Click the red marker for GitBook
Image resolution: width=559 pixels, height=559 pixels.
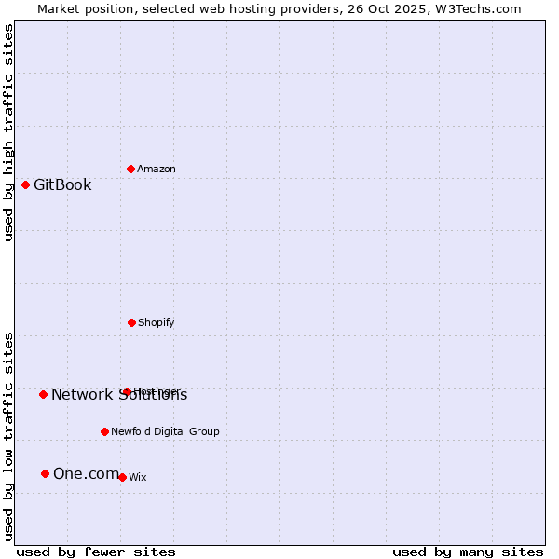(x=25, y=184)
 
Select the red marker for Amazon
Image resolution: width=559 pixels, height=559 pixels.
(x=130, y=169)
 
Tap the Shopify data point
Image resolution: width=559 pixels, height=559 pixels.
(x=131, y=322)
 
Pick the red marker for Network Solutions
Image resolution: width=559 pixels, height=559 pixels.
(x=43, y=394)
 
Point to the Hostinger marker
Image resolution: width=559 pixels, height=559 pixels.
(x=127, y=391)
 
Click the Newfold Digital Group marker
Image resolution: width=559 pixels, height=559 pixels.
(x=104, y=431)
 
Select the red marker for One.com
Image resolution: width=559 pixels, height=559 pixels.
(x=45, y=473)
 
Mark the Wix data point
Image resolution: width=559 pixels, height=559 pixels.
(x=122, y=477)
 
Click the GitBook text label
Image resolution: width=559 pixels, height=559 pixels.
(x=62, y=184)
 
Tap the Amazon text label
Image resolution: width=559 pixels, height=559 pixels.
(x=157, y=169)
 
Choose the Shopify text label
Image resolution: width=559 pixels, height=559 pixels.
(x=157, y=322)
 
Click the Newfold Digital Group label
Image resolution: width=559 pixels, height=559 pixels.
(x=165, y=431)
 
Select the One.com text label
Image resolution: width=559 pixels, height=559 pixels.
(x=86, y=473)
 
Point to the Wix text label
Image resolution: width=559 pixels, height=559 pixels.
(x=138, y=477)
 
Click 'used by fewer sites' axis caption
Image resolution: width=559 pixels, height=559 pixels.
(x=96, y=552)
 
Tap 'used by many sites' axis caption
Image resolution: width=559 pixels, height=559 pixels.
(x=468, y=552)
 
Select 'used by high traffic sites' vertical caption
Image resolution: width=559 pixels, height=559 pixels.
(x=8, y=132)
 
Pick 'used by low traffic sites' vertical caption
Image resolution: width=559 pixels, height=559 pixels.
(x=8, y=436)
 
